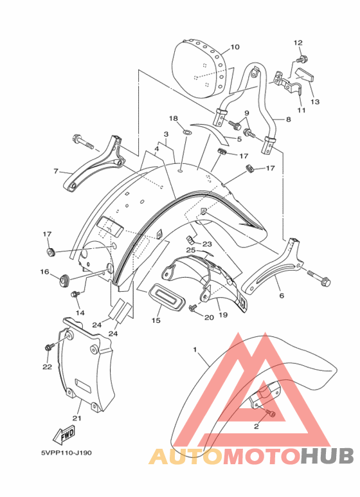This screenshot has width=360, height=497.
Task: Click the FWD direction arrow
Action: point(64,435)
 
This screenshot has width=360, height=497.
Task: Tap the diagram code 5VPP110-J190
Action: point(66,453)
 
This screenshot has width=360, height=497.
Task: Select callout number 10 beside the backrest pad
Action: point(235,47)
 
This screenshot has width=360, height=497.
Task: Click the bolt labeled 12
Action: point(298,59)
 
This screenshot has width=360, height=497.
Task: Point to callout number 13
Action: point(315,102)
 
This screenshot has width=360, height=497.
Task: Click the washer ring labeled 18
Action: point(187,131)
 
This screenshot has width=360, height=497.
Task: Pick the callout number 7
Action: point(56,171)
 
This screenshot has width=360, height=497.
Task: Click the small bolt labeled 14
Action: point(75,294)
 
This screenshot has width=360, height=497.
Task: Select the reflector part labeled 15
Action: point(166,296)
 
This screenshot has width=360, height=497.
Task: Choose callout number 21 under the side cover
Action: point(76,418)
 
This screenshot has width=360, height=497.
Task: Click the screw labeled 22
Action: point(49,347)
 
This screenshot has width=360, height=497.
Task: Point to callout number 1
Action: point(195,350)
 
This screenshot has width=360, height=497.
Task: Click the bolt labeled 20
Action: point(192,307)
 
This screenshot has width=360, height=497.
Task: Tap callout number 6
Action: point(282,295)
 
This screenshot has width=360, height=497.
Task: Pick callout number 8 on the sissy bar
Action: point(288,119)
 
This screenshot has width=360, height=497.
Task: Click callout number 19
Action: point(223,315)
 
